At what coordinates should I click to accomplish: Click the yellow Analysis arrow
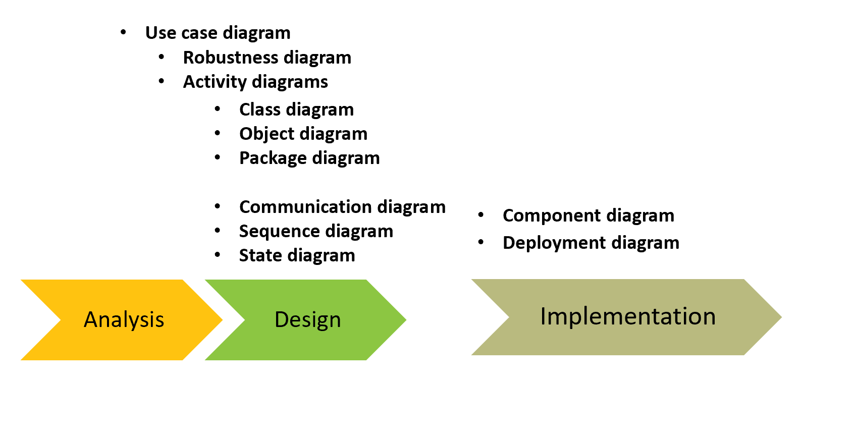coord(124,319)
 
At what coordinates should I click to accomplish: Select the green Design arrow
coord(307,319)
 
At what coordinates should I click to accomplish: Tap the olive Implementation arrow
coord(627,317)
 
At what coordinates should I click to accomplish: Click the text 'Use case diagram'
coord(218,33)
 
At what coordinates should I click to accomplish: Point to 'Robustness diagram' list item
coord(267,58)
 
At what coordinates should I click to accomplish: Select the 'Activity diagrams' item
coord(255,82)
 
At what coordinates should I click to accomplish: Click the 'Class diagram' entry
coord(296,110)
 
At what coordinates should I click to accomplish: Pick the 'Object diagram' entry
coord(303,134)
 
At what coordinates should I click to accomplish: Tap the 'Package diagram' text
coord(309,158)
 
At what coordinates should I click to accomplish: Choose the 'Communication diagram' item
coord(342,207)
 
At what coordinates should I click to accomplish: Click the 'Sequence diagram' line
coord(316,231)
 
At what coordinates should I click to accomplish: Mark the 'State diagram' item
coord(297,255)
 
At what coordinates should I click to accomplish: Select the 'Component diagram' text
coord(588,215)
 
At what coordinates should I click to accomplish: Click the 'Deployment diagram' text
coord(591,243)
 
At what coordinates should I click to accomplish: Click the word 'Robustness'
coord(230,58)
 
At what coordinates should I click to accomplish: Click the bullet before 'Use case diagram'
coord(123,33)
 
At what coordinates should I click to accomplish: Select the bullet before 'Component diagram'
coord(481,215)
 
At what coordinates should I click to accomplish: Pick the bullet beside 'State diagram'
coord(218,255)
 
